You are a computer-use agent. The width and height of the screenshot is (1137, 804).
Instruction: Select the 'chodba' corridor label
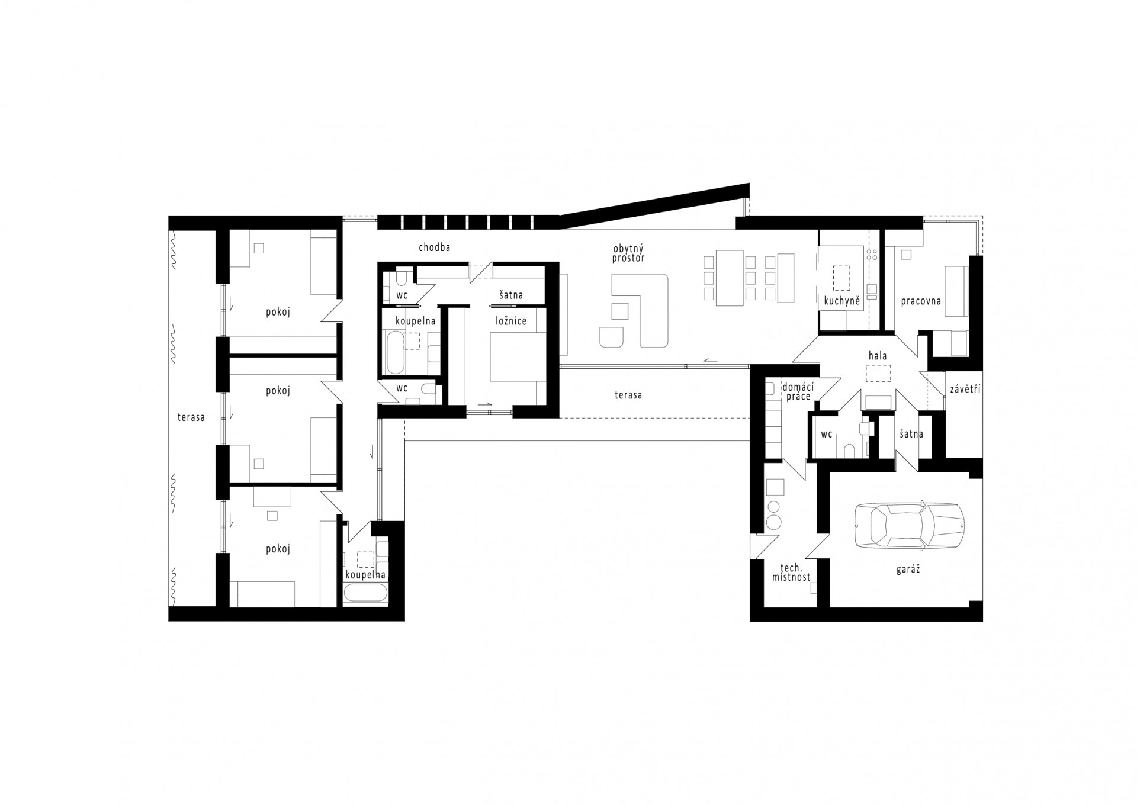point(434,247)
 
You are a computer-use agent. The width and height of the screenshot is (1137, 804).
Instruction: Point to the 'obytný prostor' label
point(629,253)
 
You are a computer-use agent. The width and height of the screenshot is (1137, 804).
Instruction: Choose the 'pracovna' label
point(921,301)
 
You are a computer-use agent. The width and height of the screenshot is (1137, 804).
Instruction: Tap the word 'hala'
point(877,356)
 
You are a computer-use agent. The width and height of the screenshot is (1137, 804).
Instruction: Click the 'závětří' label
point(965,389)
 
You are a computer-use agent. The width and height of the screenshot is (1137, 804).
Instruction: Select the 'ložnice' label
point(511,321)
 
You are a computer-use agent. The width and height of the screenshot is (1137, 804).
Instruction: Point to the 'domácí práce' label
point(798,391)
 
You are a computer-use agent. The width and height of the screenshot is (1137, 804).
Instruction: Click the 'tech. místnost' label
point(791,572)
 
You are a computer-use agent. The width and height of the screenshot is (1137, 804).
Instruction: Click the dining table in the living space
point(729,278)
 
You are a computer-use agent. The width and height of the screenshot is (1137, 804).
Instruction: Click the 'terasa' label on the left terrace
point(191,417)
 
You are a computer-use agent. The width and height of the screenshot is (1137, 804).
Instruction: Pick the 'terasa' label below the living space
point(628,395)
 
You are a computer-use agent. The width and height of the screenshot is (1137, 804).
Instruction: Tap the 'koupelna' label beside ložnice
point(416,321)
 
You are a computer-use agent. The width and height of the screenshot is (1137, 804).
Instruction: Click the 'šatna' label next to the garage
point(911,434)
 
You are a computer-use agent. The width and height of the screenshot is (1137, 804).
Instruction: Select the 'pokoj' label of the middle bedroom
point(278,391)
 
